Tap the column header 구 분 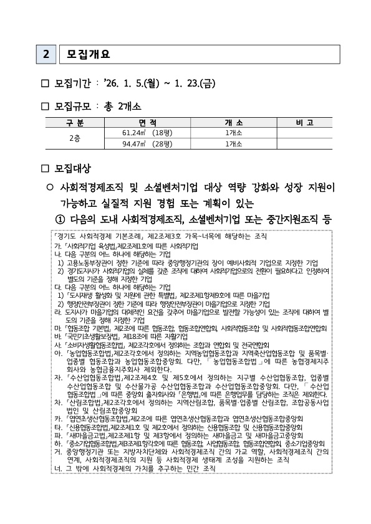point(74,121)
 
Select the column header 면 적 point(147,121)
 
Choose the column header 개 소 point(234,121)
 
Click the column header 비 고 point(305,121)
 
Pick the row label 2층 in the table point(74,138)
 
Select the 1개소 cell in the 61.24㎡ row point(234,132)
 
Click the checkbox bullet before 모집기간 point(44,83)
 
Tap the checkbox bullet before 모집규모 point(44,105)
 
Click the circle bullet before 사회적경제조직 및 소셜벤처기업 point(49,187)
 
